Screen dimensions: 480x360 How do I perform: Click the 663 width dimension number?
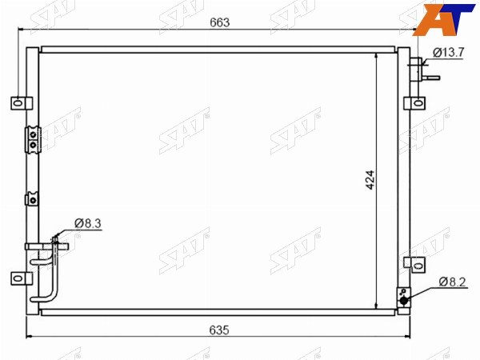(x=219, y=22)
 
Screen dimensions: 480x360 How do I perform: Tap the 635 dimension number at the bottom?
(x=219, y=330)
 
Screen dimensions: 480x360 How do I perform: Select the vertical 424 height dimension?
(x=370, y=180)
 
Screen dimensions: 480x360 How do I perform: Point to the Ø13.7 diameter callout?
(x=449, y=52)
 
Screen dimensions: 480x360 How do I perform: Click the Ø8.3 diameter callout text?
(x=88, y=223)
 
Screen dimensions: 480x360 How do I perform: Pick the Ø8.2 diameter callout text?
(x=453, y=282)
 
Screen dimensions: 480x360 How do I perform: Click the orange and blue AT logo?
(x=445, y=19)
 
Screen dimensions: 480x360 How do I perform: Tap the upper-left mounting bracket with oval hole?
(x=22, y=103)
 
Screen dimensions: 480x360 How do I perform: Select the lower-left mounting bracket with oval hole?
(x=22, y=278)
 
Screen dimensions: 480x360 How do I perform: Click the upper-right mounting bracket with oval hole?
(x=414, y=103)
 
